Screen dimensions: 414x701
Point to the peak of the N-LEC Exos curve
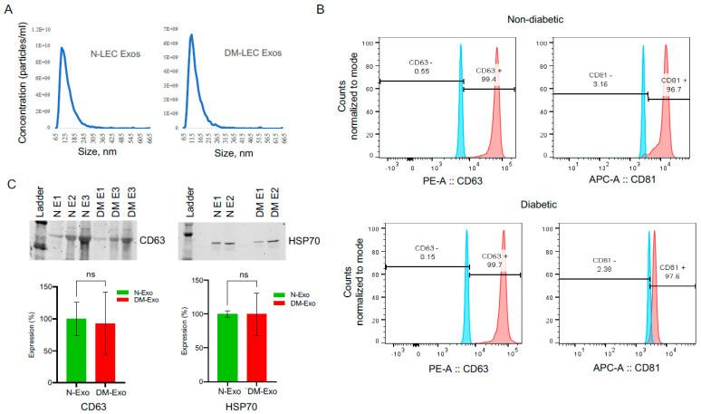pos(62,49)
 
